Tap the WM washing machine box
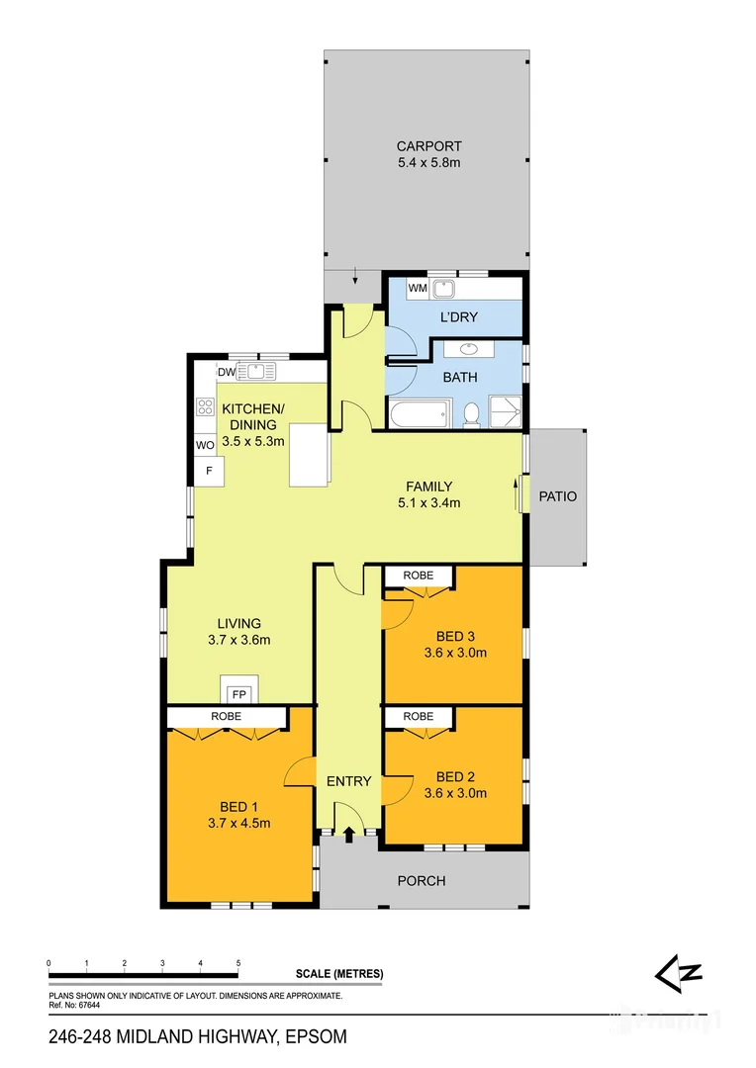[418, 289]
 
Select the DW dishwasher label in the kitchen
[226, 372]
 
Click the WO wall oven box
[205, 445]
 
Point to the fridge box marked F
[209, 472]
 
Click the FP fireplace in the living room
[238, 693]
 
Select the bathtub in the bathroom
[418, 414]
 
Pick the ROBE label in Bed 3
[419, 576]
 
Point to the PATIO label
[557, 496]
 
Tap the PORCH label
[422, 881]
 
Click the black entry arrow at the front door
[348, 835]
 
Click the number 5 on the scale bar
[238, 962]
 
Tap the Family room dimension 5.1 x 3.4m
[429, 502]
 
